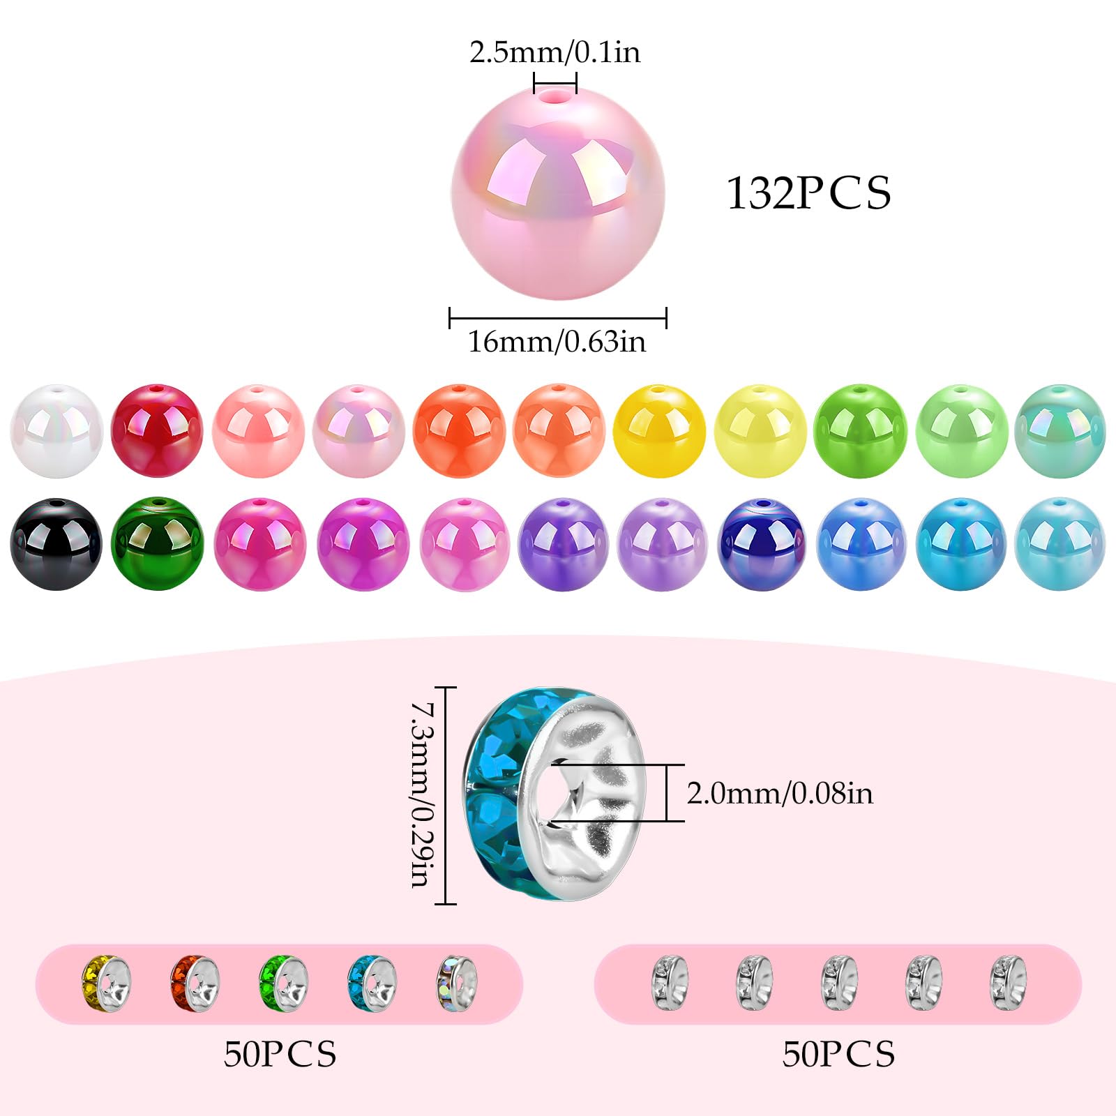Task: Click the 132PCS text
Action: click(x=808, y=193)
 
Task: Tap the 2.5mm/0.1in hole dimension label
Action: click(x=555, y=52)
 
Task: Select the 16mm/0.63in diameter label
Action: click(x=557, y=342)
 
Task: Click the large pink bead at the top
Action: click(x=558, y=193)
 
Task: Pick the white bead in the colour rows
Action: click(x=56, y=430)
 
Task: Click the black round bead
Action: click(x=56, y=543)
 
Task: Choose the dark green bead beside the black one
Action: click(x=157, y=543)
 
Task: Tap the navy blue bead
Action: click(x=762, y=543)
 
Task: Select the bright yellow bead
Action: click(x=659, y=430)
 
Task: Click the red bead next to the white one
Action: click(x=157, y=430)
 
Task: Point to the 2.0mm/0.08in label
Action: click(x=780, y=793)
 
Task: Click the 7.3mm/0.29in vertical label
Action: click(x=422, y=794)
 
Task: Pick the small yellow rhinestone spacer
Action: click(x=106, y=983)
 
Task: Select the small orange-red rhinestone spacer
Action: click(x=195, y=983)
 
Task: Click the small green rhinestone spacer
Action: click(x=283, y=983)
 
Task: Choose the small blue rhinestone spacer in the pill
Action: click(x=372, y=983)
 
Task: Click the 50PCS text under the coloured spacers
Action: click(x=280, y=1054)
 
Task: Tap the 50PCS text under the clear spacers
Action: click(x=838, y=1054)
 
